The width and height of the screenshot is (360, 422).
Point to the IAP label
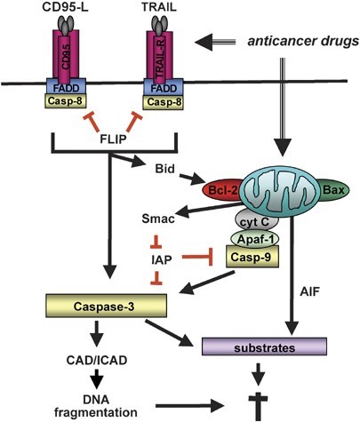click(x=160, y=257)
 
